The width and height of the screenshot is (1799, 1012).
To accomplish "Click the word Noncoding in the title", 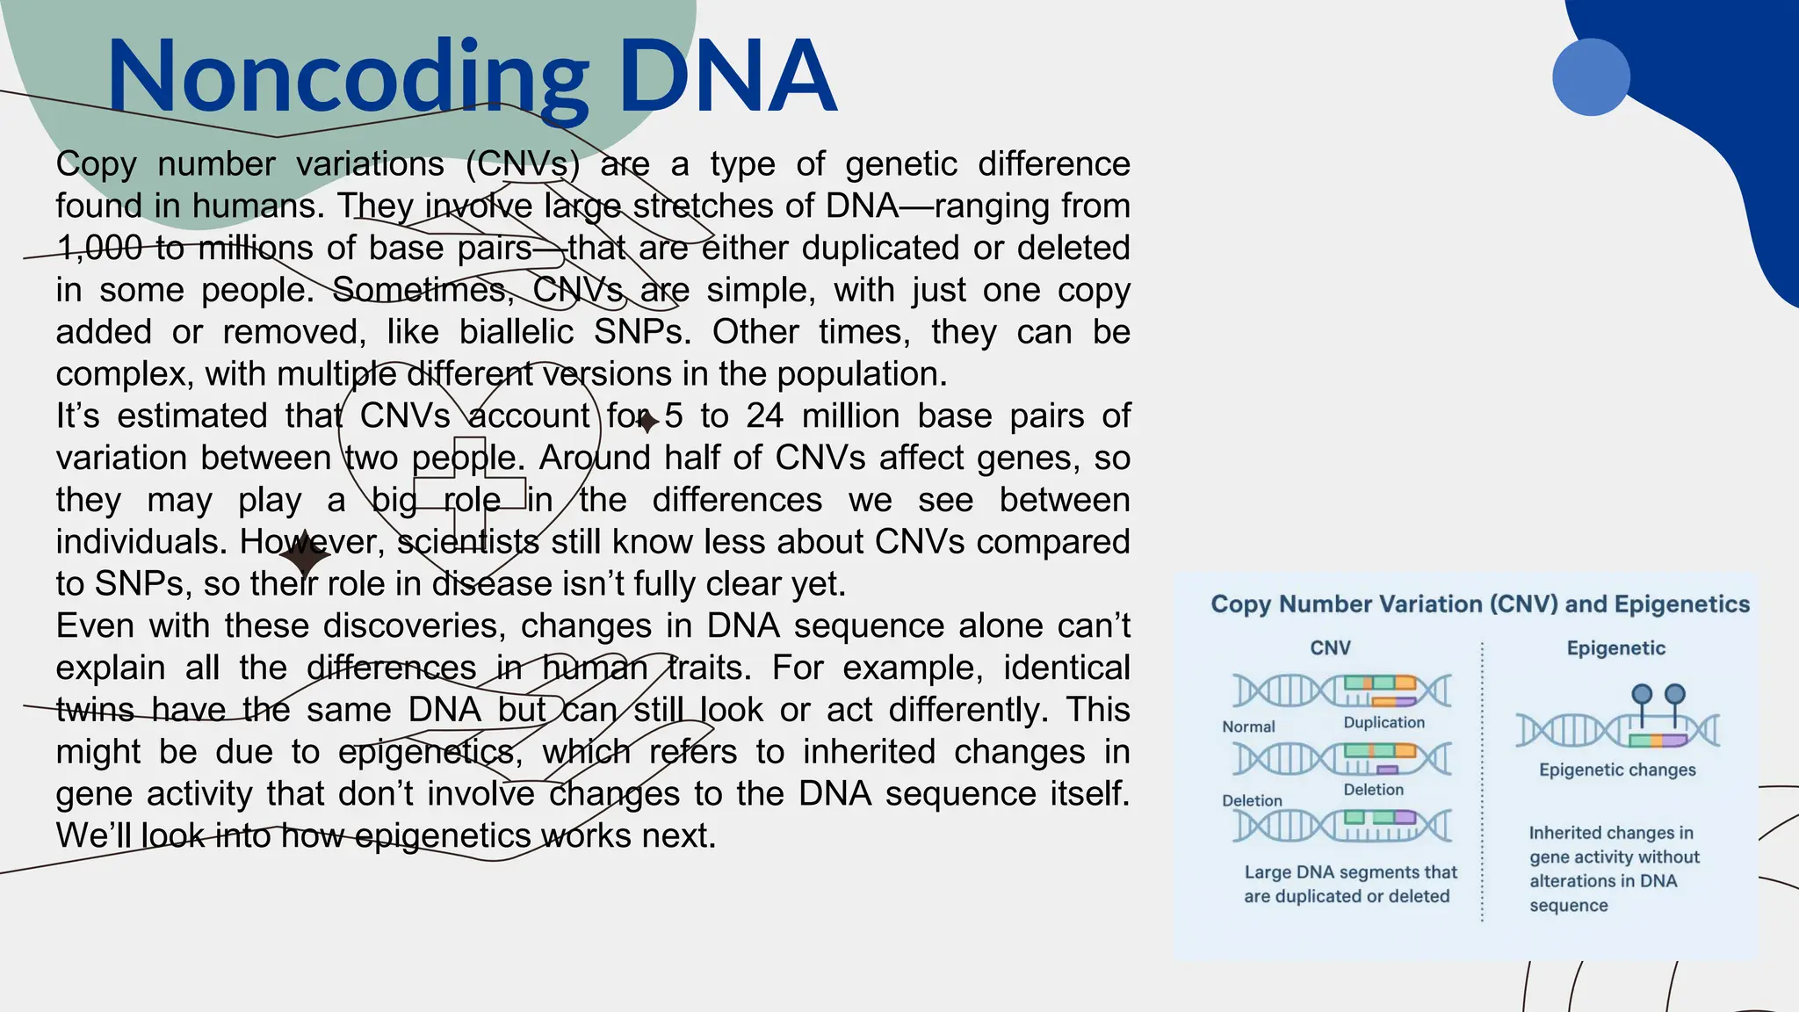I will pos(347,79).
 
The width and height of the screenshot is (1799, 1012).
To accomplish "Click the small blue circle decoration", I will pos(1591,77).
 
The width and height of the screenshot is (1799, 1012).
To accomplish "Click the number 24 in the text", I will pos(764,416).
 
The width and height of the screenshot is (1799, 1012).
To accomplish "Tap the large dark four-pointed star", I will pos(305,555).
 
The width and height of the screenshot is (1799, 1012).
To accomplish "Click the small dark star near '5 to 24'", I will pos(647,423).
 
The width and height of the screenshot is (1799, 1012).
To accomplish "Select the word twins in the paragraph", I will pos(95,710).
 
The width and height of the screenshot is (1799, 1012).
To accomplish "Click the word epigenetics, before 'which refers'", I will pos(430,752).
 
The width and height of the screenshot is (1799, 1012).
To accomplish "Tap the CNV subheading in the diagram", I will pos(1330,648).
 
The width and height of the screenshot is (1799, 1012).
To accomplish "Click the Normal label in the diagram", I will pos(1248,727).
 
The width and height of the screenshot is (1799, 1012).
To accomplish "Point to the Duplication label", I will pos(1384,722).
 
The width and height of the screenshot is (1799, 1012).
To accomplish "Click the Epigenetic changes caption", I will pos(1617,770).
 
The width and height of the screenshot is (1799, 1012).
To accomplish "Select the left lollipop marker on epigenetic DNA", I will pos(1642,695).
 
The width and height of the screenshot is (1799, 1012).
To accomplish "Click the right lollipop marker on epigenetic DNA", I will pos(1675,695).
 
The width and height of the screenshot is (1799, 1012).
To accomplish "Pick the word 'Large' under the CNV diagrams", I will pos(1268,872).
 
